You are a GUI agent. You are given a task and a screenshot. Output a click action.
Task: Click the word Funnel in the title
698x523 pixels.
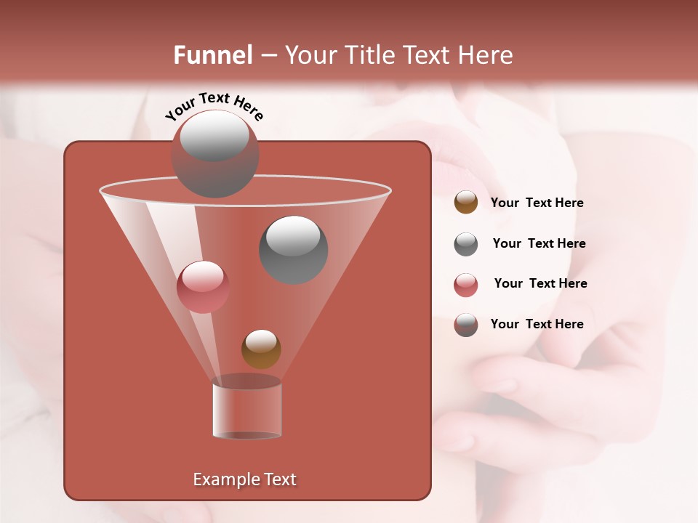tap(213, 55)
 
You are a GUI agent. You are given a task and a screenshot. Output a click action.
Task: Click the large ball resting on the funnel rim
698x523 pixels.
tap(214, 153)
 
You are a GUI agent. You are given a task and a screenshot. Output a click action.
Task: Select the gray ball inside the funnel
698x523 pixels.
tap(294, 250)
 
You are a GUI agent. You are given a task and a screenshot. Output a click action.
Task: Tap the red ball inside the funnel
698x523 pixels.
tap(203, 287)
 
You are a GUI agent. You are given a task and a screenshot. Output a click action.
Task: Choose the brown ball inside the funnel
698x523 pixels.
tap(261, 349)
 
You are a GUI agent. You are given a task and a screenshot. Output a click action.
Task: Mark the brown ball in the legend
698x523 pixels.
tap(466, 203)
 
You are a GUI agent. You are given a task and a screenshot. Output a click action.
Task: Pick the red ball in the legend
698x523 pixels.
tap(466, 285)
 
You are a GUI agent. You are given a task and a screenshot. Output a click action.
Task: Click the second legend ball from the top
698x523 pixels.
tap(466, 244)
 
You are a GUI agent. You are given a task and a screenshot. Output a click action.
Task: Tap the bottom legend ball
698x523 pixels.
tap(466, 325)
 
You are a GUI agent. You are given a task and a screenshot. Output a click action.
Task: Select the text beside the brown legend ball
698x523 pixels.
tap(537, 203)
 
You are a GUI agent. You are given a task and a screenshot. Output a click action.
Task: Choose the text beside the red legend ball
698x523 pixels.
tap(540, 284)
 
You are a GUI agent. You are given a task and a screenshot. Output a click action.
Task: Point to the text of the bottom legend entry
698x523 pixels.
tap(537, 325)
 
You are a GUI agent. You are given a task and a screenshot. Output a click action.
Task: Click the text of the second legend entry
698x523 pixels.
tap(539, 244)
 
